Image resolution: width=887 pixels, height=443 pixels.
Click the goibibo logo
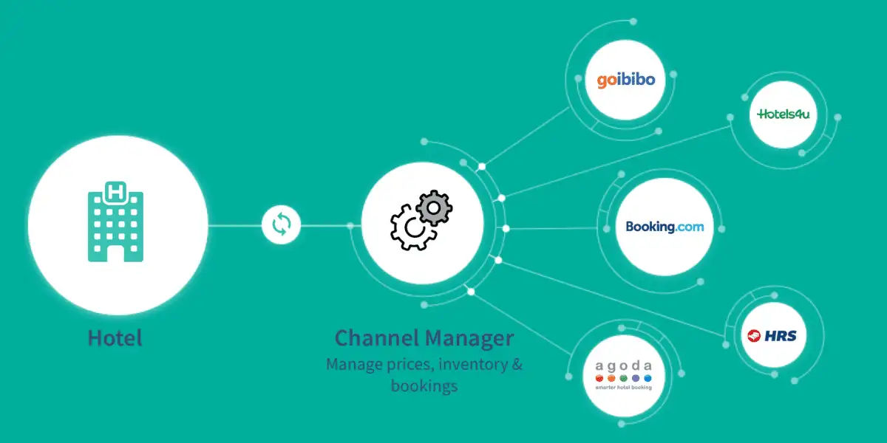626,79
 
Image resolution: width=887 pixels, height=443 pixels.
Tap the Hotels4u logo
783,114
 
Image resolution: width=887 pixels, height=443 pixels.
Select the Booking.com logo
665,227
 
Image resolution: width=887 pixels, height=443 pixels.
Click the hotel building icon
116,221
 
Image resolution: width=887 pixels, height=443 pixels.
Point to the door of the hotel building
116,253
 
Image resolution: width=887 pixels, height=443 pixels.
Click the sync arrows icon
282,224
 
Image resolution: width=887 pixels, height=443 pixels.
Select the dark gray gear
434,207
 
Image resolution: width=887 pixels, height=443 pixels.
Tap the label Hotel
115,338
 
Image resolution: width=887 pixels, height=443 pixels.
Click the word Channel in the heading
376,338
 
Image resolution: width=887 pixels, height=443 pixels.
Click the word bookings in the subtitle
424,385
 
